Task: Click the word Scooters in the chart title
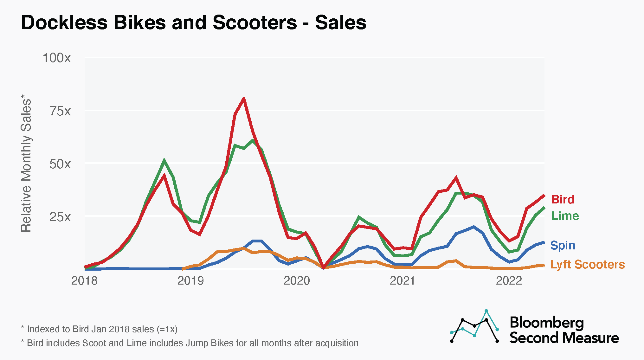tap(254, 23)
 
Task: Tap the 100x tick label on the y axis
tap(57, 58)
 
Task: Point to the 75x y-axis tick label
tap(60, 111)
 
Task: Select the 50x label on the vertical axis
tap(60, 164)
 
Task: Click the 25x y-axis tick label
tap(60, 217)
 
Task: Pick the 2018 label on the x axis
tap(84, 281)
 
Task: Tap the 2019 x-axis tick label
tap(190, 281)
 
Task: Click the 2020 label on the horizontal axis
tap(297, 281)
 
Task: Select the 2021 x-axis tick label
tap(402, 281)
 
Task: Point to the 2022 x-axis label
tap(509, 281)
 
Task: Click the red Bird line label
tap(563, 199)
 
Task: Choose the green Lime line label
tap(565, 216)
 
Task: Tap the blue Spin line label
tap(563, 245)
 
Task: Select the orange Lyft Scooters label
tap(587, 264)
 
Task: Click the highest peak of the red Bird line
tap(243, 99)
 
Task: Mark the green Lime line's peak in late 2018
tap(164, 160)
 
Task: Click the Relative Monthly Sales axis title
tap(26, 163)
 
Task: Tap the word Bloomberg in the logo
tap(547, 323)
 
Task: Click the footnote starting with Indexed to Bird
tap(99, 329)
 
